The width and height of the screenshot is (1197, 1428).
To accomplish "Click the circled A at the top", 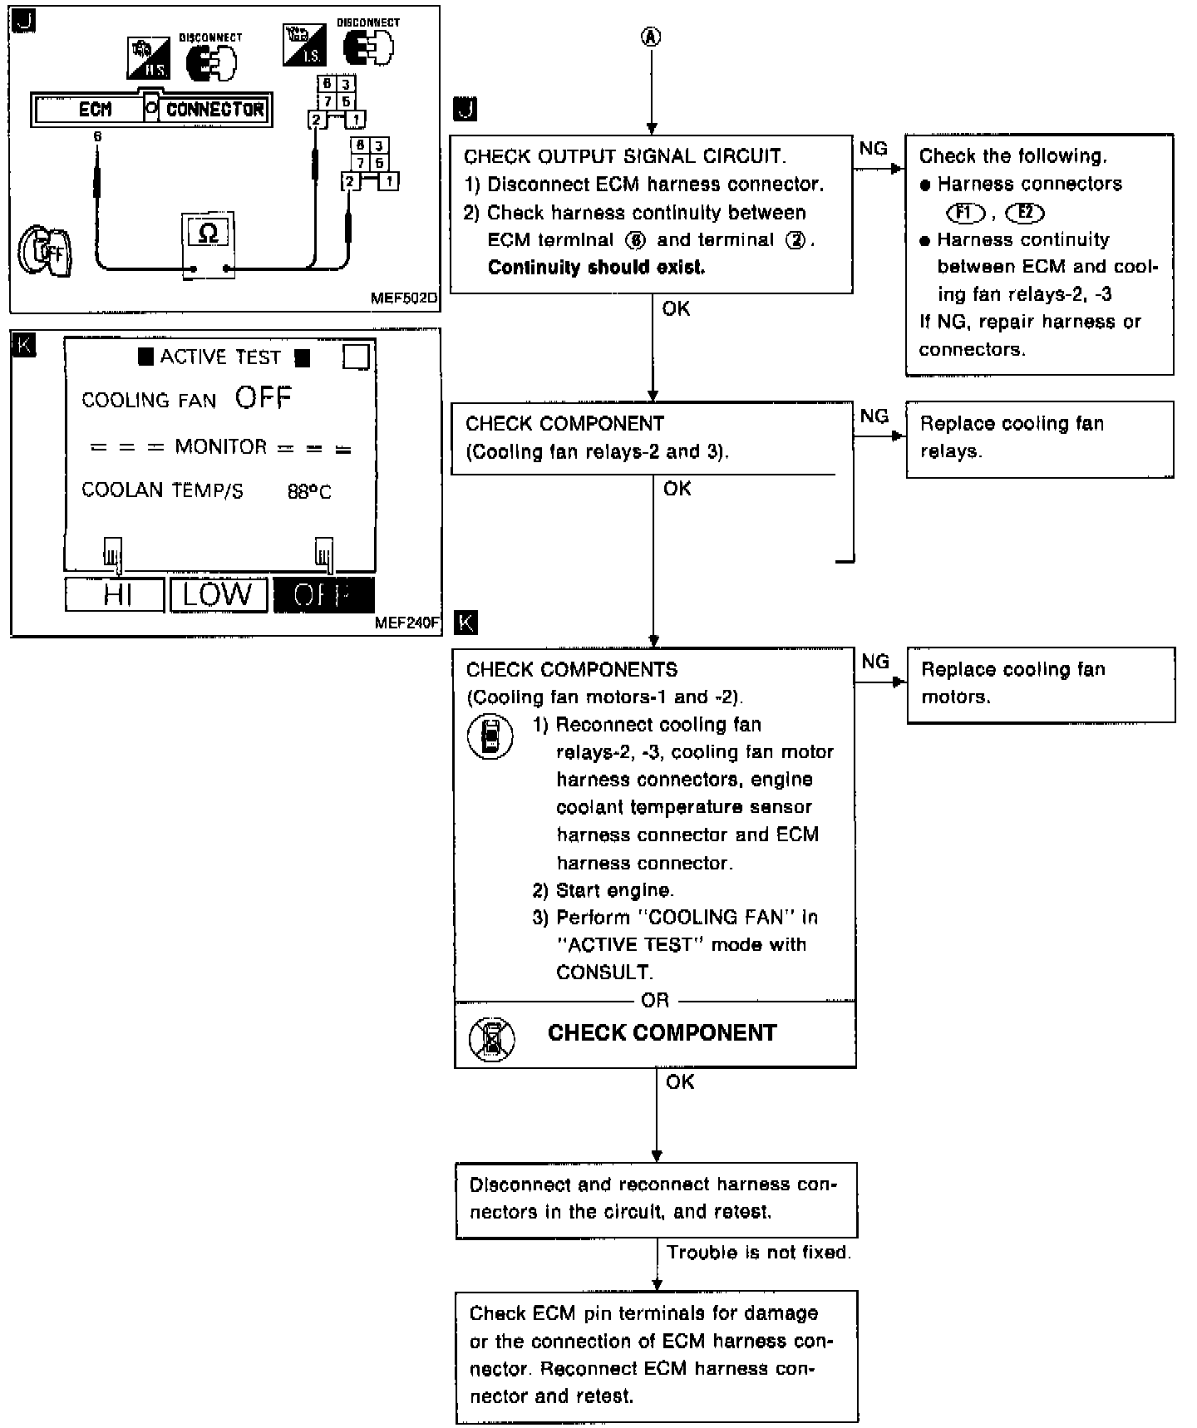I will [x=652, y=37].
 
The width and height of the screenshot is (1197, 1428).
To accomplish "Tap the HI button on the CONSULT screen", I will [x=116, y=595].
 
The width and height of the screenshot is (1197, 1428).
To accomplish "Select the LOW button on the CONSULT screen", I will [x=218, y=595].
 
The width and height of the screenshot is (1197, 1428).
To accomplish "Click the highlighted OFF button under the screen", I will [x=323, y=595].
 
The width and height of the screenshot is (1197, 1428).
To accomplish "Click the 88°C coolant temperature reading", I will [x=309, y=492].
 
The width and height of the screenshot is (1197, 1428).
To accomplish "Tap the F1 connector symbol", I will [x=964, y=213].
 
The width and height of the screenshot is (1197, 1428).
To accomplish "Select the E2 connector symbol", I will [x=1025, y=213].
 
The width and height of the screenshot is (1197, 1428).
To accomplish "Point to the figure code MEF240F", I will [x=407, y=623].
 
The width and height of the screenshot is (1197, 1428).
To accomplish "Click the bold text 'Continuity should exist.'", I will [x=596, y=268].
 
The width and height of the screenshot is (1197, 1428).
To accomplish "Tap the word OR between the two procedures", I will [x=655, y=1001].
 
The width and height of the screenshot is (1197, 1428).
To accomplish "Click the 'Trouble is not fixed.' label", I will [x=758, y=1253].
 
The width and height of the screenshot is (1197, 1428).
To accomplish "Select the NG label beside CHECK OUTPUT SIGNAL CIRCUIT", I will [x=874, y=149].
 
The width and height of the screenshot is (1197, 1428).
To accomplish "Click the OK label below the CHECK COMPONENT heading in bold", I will [x=680, y=1081].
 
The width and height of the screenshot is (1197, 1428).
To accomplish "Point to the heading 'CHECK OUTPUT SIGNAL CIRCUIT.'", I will [x=624, y=156].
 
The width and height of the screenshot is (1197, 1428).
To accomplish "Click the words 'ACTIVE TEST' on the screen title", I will [x=220, y=357].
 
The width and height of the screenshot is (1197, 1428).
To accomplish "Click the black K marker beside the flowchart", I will [x=466, y=623].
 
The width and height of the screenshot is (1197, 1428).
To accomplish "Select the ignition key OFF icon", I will [x=46, y=251].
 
